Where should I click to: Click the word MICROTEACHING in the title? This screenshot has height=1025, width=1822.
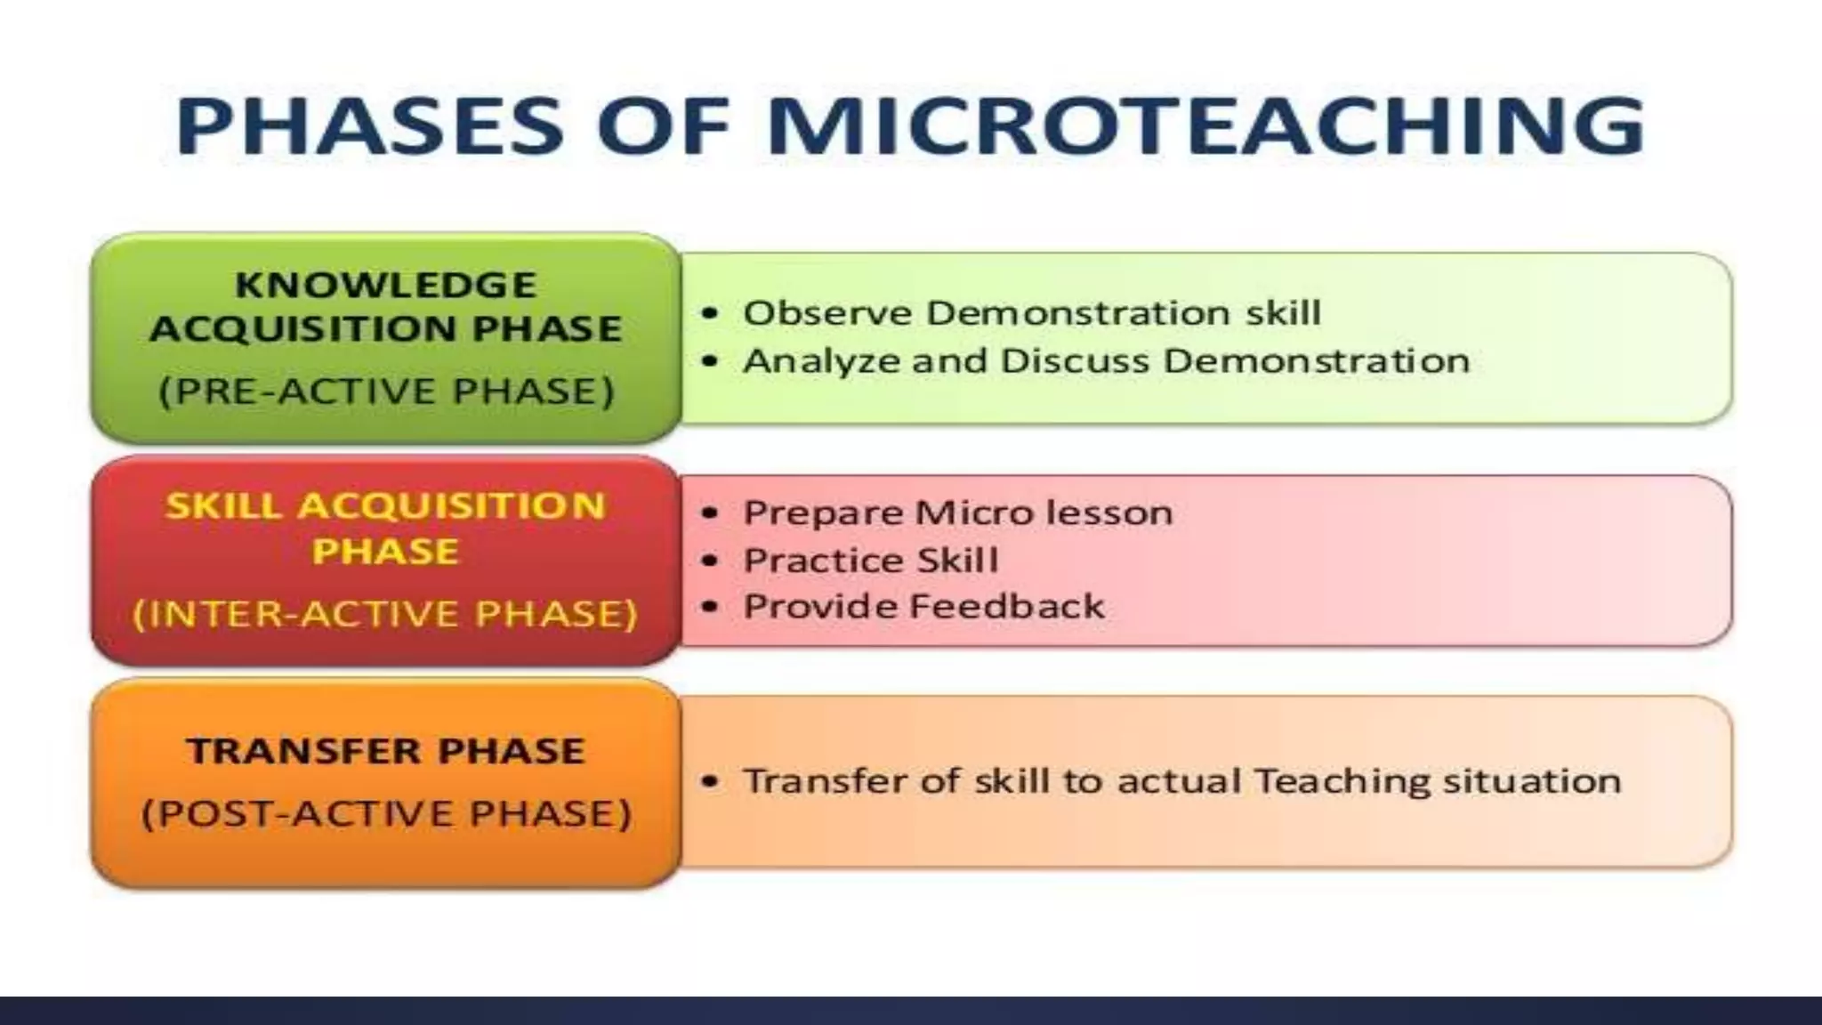click(x=1205, y=126)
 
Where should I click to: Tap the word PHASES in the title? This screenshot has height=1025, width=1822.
click(x=369, y=126)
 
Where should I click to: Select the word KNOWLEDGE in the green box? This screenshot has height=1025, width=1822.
click(x=386, y=286)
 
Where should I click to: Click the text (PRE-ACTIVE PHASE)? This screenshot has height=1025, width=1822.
click(x=386, y=391)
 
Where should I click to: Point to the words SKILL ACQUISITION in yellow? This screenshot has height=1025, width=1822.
click(x=386, y=506)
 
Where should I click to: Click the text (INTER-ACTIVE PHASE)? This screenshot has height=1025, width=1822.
click(x=386, y=614)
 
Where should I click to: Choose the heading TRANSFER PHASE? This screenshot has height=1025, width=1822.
click(x=386, y=751)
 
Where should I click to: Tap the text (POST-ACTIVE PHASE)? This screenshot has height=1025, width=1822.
click(x=386, y=813)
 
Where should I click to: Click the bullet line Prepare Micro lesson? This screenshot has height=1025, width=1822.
click(x=957, y=513)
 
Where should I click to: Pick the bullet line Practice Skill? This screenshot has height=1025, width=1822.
click(x=870, y=561)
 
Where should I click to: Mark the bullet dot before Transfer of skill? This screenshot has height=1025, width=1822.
click(x=709, y=782)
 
